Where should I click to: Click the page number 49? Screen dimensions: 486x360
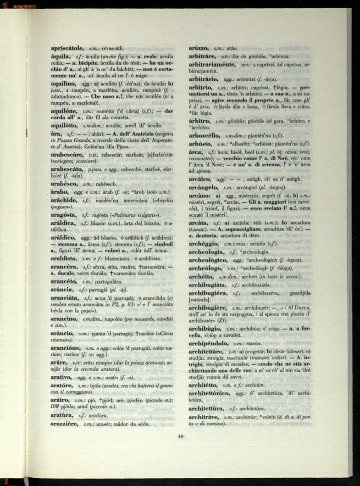[180, 436]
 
